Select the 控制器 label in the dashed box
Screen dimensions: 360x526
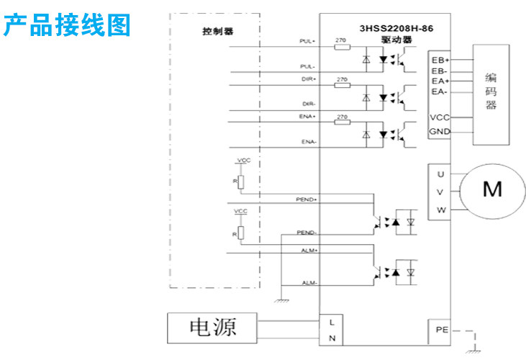pos(218,32)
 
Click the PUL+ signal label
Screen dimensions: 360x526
pos(308,41)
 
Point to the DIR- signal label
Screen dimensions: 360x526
pos(309,103)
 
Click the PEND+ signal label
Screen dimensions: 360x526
pos(307,198)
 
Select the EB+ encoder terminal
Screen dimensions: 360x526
pos(440,60)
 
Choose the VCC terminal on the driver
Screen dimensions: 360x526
pos(440,117)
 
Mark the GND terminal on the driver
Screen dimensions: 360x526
pos(440,132)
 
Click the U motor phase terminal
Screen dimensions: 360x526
pos(440,174)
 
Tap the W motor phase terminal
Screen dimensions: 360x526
pos(440,210)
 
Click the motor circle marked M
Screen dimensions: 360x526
pos(492,189)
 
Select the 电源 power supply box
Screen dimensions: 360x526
pos(212,328)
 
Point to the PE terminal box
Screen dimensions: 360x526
pos(442,329)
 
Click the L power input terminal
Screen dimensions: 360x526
pos(331,321)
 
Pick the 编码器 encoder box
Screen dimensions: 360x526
pos(491,90)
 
